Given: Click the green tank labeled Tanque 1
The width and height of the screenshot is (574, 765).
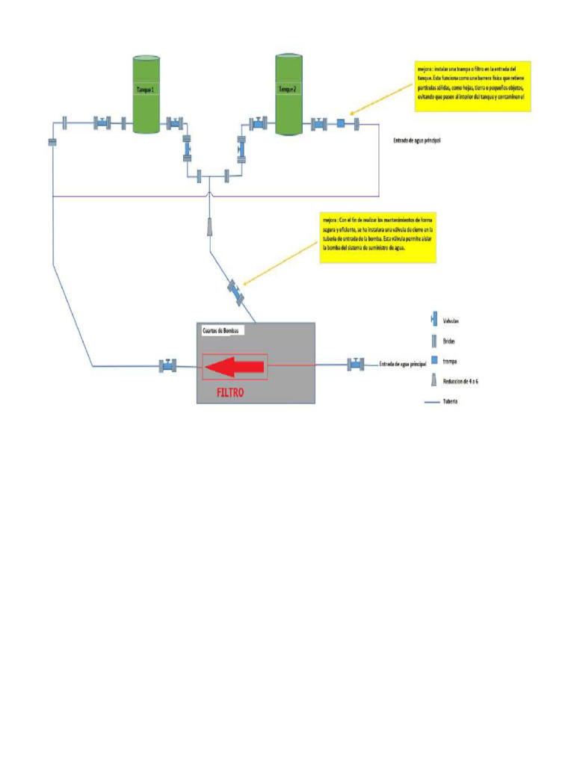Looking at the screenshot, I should (x=146, y=95).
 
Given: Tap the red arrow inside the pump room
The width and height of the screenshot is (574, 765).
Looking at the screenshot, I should (x=235, y=366).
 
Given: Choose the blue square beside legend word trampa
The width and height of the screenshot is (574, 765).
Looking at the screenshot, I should (x=434, y=360).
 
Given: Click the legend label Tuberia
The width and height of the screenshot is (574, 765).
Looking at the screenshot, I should (x=450, y=401).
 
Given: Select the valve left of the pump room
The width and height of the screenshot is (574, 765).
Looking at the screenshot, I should (x=167, y=366).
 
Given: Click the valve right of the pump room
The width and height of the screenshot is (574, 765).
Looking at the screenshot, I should (x=356, y=365).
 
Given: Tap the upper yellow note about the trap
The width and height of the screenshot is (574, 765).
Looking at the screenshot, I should (x=472, y=87).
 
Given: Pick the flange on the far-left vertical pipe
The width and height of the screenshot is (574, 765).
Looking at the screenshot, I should (x=52, y=142).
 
